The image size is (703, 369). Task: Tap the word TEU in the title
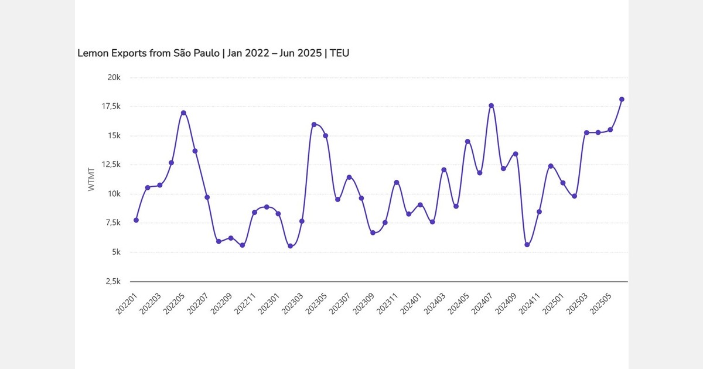click(x=340, y=53)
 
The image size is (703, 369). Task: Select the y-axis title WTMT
click(x=91, y=179)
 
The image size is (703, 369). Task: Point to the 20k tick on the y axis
click(x=114, y=78)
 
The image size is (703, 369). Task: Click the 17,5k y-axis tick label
click(x=111, y=107)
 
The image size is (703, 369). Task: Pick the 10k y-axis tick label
click(x=114, y=194)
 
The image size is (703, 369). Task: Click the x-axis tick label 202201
click(x=128, y=303)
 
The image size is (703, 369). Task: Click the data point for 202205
click(x=183, y=113)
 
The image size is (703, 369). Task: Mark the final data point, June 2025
click(x=622, y=100)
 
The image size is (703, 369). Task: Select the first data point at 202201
click(x=136, y=220)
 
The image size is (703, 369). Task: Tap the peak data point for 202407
click(x=492, y=106)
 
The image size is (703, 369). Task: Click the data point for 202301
click(x=290, y=246)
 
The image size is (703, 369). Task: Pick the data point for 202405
click(x=467, y=142)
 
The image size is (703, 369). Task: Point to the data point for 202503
click(x=586, y=132)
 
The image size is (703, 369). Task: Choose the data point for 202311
click(x=397, y=183)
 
